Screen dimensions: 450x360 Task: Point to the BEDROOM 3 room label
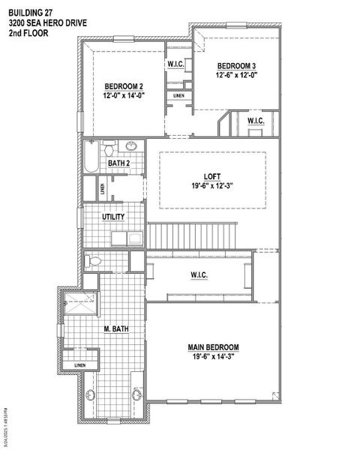pos(237,65)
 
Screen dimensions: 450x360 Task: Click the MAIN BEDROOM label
pos(213,347)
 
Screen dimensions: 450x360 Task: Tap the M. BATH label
pos(117,328)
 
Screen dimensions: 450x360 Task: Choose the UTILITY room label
pos(114,217)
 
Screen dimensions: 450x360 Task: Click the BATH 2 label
pos(119,163)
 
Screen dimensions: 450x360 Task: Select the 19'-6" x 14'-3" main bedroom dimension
pos(213,358)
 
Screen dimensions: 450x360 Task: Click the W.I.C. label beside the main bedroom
pos(199,275)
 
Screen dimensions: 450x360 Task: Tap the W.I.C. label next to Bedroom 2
pos(177,64)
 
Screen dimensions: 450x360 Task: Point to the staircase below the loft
pos(191,236)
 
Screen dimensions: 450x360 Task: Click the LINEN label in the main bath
pos(79,365)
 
